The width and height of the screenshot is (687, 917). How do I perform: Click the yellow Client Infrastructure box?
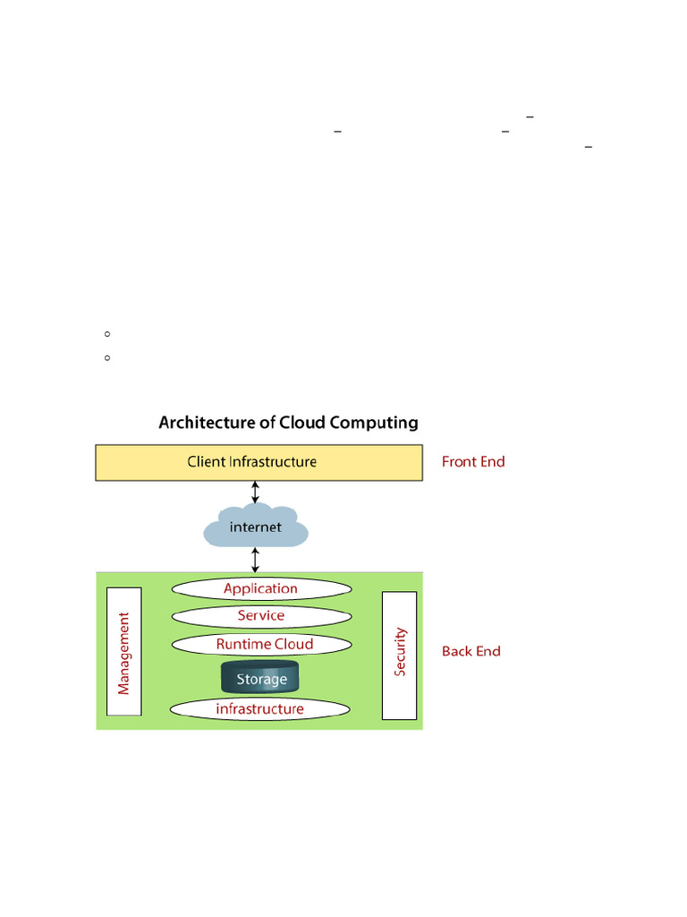259,463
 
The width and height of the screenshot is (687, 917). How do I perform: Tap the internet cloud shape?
256,528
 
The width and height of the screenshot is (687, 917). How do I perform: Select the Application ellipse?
260,588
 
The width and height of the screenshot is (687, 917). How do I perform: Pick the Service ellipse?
260,616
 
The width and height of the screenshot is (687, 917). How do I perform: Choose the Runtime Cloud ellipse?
260,644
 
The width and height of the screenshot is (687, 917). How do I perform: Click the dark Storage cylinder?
260,678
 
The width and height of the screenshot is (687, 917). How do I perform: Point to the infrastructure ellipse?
260,709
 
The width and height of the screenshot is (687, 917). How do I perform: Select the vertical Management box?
124,651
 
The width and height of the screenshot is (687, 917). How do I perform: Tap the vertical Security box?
399,655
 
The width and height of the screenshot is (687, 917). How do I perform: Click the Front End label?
473,462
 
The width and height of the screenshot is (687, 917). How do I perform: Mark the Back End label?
471,651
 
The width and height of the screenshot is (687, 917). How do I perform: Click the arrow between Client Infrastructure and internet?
256,492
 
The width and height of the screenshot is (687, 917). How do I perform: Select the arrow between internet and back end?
256,560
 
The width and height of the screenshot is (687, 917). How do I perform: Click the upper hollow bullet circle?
106,334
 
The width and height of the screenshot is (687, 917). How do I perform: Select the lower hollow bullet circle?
106,358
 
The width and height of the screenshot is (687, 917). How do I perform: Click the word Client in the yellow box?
206,462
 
